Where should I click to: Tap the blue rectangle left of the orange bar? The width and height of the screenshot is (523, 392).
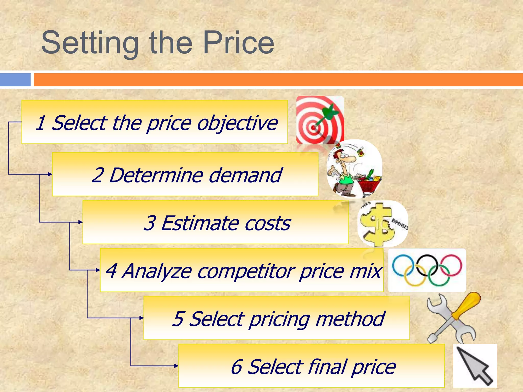pos(15,80)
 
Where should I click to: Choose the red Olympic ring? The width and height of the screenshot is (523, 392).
pos(451,265)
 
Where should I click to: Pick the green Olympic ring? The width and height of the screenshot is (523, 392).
pos(439,276)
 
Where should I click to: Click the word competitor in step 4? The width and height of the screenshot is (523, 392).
pos(245,271)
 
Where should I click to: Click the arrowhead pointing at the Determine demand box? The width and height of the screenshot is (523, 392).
pos(50,174)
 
